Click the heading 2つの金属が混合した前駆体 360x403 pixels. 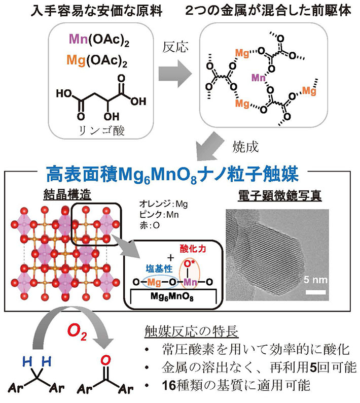point(268,10)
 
